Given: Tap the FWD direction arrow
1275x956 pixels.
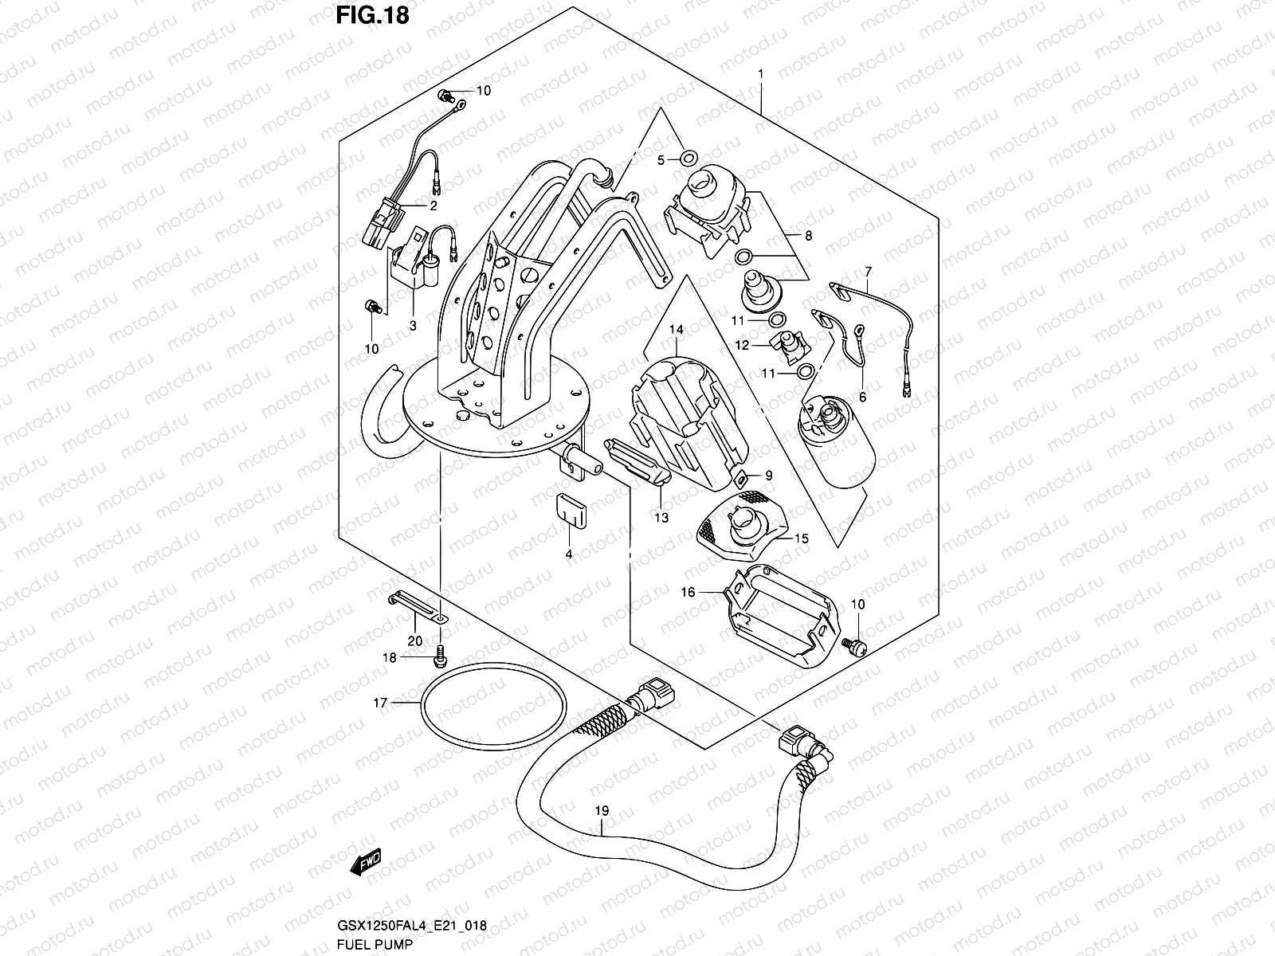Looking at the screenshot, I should (366, 861).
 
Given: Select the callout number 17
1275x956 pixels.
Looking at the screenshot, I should (380, 703).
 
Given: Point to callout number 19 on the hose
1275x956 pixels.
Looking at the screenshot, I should (602, 812).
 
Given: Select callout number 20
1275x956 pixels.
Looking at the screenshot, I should (414, 641).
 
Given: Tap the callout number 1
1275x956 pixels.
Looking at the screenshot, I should (761, 73).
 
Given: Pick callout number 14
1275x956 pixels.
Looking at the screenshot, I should (677, 328).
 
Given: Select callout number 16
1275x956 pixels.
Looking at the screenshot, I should (688, 592).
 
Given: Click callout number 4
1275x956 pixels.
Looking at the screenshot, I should (569, 554).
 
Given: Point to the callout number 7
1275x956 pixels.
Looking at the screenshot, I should (868, 271).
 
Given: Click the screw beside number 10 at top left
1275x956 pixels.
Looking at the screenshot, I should (447, 96).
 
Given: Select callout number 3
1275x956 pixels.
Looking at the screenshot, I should (413, 325).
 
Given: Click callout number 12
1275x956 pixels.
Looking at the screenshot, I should (742, 346).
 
